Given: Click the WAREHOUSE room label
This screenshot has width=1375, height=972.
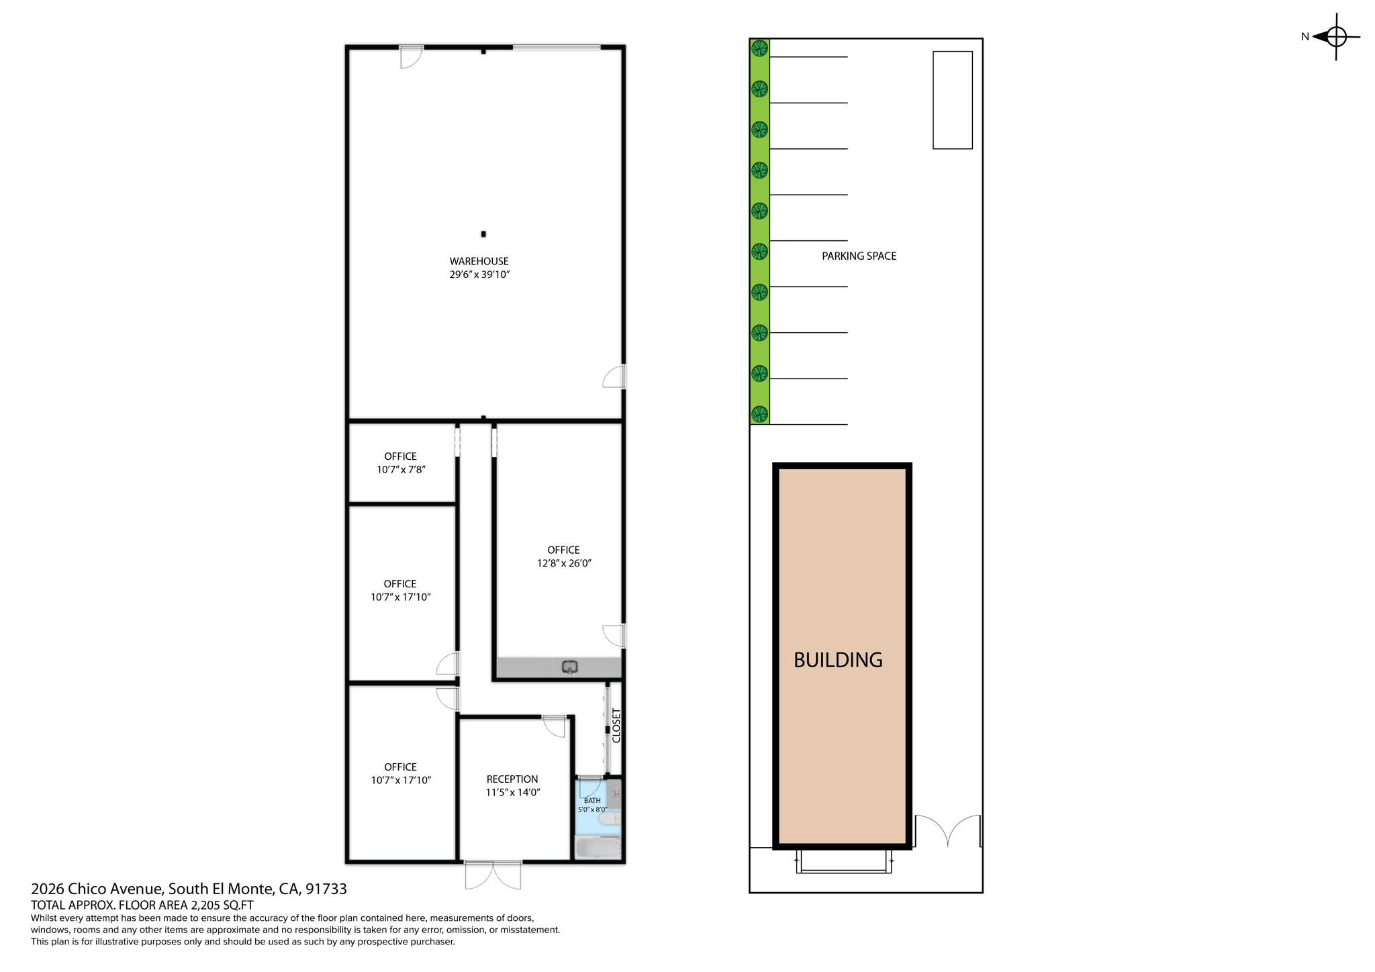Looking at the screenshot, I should (479, 261).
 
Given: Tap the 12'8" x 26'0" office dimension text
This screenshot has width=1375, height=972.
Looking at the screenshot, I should (563, 563).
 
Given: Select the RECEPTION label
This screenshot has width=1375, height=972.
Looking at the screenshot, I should (512, 779).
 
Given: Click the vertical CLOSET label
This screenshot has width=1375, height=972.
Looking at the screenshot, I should (616, 726).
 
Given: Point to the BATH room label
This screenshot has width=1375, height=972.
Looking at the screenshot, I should (592, 800).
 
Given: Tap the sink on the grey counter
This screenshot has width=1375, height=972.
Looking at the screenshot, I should (570, 667).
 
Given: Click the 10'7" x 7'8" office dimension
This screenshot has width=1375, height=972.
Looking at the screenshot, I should (401, 469).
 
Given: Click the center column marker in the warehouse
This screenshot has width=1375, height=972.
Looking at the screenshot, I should (483, 234).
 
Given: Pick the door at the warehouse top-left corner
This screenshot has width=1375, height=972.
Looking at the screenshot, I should (410, 57).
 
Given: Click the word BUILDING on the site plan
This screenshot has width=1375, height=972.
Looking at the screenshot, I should (838, 660).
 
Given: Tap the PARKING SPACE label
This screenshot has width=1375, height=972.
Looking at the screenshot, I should (859, 256).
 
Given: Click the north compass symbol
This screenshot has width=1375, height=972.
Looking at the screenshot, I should (1335, 36).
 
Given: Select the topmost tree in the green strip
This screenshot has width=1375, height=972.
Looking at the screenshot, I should (759, 48).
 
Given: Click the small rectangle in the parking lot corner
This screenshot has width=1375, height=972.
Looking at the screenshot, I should (952, 100).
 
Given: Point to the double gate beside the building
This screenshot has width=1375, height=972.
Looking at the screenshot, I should (947, 831).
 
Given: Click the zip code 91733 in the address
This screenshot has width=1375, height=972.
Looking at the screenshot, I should (326, 889).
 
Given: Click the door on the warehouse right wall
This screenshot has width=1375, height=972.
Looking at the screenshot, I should (614, 377).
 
